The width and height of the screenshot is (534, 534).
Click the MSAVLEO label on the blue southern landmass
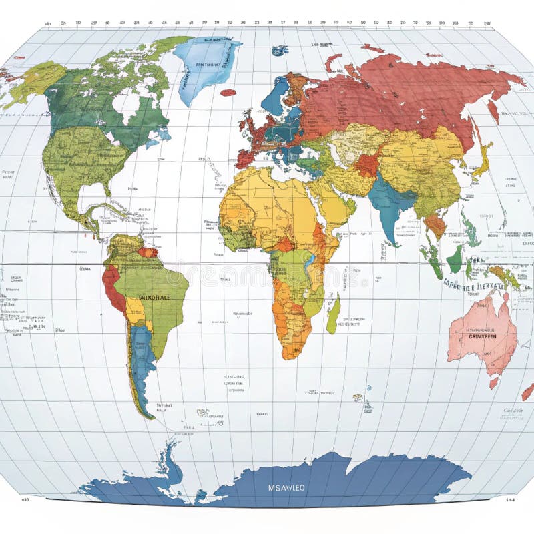(x=286, y=487)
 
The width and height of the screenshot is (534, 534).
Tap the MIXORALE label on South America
(x=155, y=297)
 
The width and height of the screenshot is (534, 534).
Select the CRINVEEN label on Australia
(x=483, y=337)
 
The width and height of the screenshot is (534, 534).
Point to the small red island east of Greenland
(x=228, y=93)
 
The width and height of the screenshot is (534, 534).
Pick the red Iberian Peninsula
(x=245, y=159)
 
